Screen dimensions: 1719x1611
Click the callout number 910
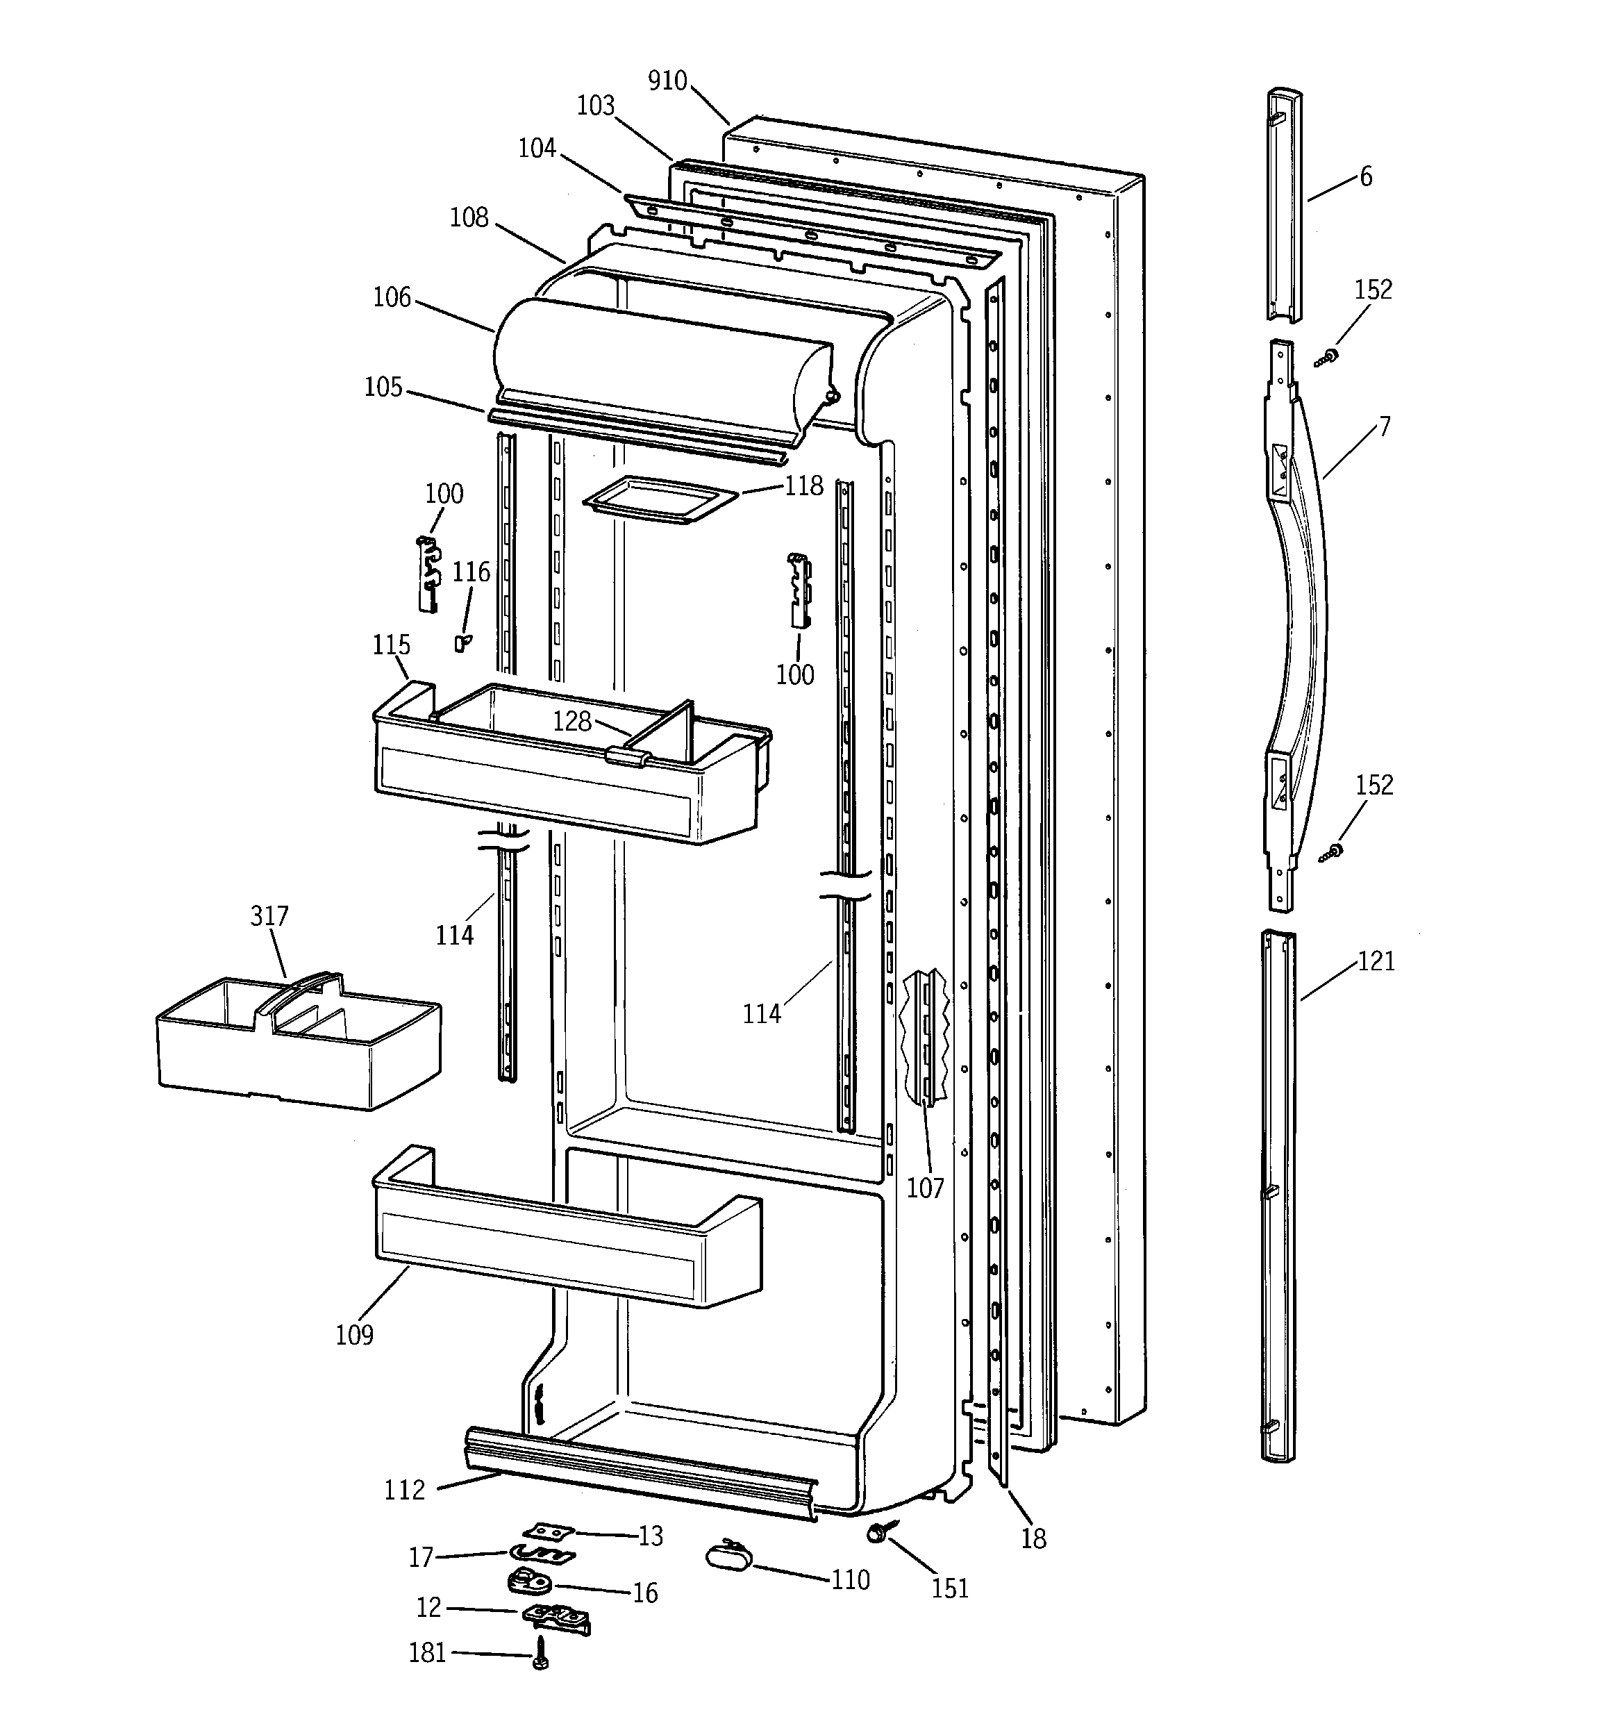click(667, 81)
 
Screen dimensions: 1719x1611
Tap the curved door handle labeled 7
click(1301, 605)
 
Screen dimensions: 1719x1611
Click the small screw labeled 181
click(540, 1653)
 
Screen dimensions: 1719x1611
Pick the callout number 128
click(571, 721)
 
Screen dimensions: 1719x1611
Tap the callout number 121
click(1376, 961)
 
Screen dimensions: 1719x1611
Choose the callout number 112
click(405, 1490)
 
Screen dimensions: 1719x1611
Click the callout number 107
click(924, 1188)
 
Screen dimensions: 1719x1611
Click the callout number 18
click(1033, 1538)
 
